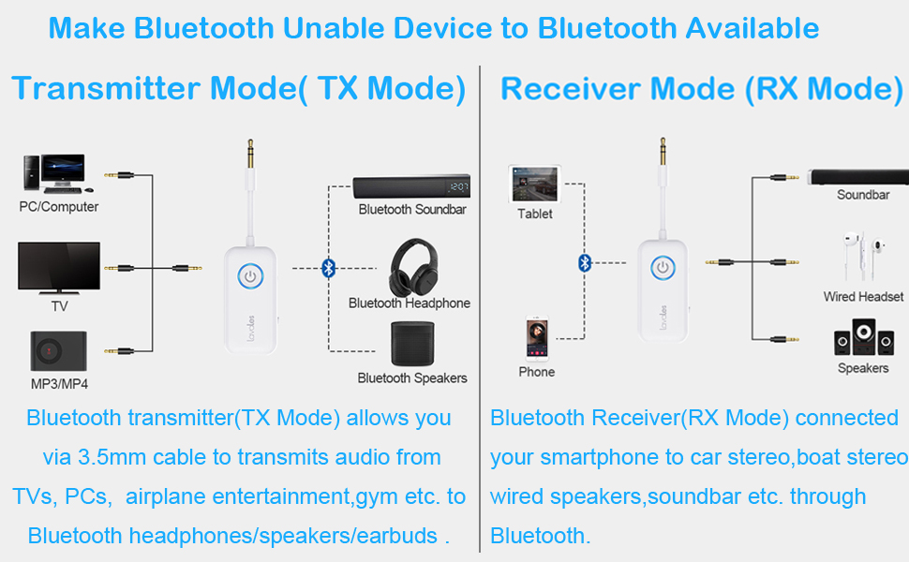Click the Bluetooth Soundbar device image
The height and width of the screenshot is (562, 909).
411,186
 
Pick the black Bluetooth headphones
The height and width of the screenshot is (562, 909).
410,266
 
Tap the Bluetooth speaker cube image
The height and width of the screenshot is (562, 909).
411,345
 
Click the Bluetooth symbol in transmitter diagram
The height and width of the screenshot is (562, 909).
328,268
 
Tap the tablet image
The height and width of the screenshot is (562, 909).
534,184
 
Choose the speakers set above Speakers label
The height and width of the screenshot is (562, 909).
863,337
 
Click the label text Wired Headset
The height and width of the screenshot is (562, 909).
863,297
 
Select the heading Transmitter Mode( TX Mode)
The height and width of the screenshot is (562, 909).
239,89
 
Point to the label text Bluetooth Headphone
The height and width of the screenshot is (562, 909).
410,303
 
